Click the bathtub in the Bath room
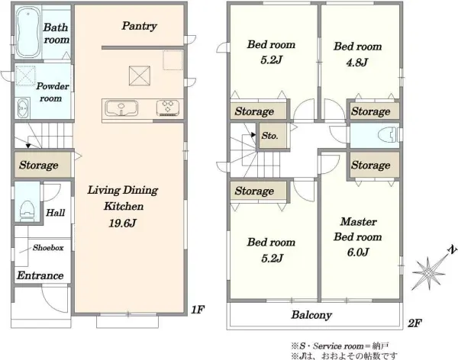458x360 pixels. tap(28, 31)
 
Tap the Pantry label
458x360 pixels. tap(140, 26)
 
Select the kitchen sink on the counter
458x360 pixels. tap(121, 108)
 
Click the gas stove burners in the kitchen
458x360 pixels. tap(168, 108)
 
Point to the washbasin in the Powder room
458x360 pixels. tap(22, 108)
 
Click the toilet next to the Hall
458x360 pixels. tap(27, 211)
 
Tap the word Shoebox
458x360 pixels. tap(48, 248)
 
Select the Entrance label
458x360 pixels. tap(40, 275)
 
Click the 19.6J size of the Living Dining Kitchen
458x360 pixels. tap(123, 223)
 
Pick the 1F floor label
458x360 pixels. tap(198, 310)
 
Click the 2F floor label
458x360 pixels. tap(414, 323)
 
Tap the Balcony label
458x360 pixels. tap(311, 315)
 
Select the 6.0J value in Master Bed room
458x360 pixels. tap(358, 252)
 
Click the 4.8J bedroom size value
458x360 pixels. tap(357, 63)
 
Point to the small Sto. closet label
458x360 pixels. tap(269, 136)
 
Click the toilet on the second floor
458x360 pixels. tap(389, 136)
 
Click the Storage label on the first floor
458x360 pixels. tap(39, 165)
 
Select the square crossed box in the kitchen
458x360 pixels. tap(140, 76)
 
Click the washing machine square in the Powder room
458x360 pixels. tap(25, 76)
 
